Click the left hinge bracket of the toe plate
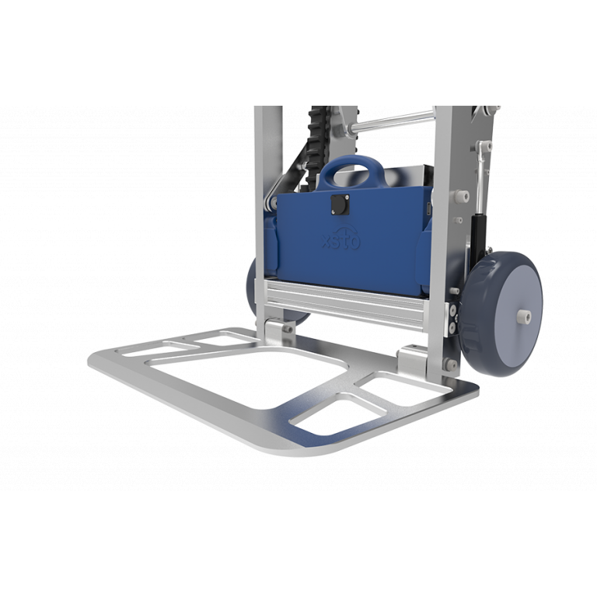(x=274, y=330)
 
